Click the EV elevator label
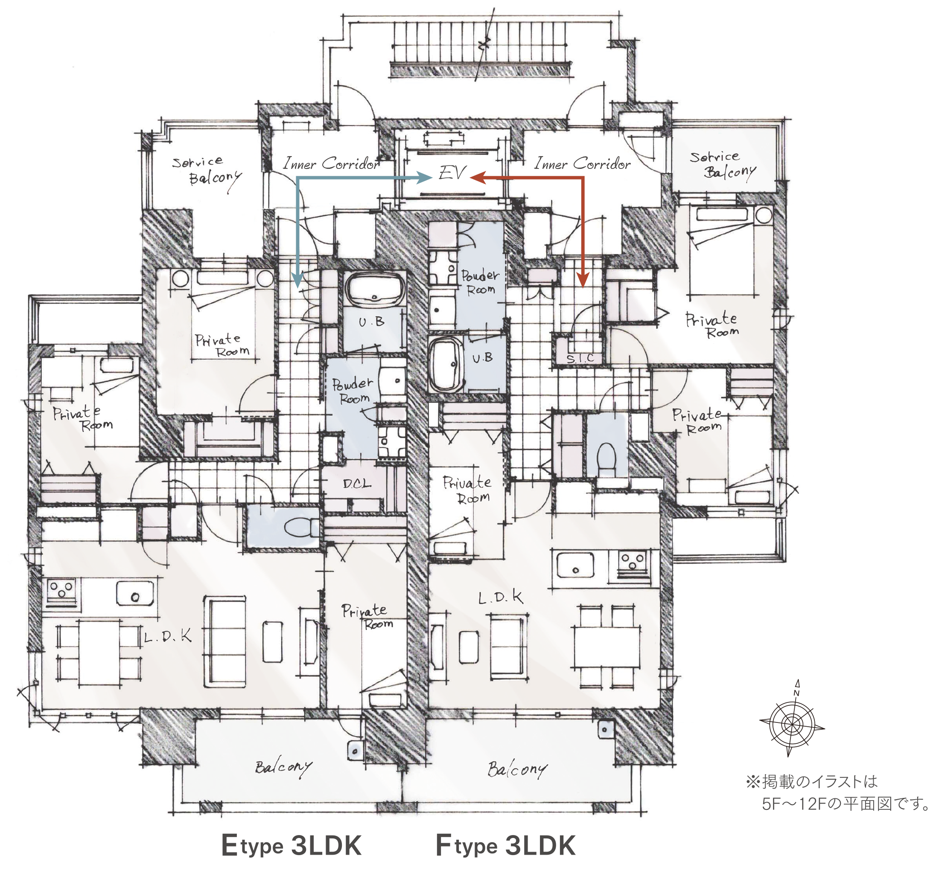tap(452, 173)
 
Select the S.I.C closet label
tap(580, 358)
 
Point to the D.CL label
tap(357, 484)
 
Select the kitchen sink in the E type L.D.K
tap(135, 593)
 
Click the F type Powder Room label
tap(479, 281)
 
